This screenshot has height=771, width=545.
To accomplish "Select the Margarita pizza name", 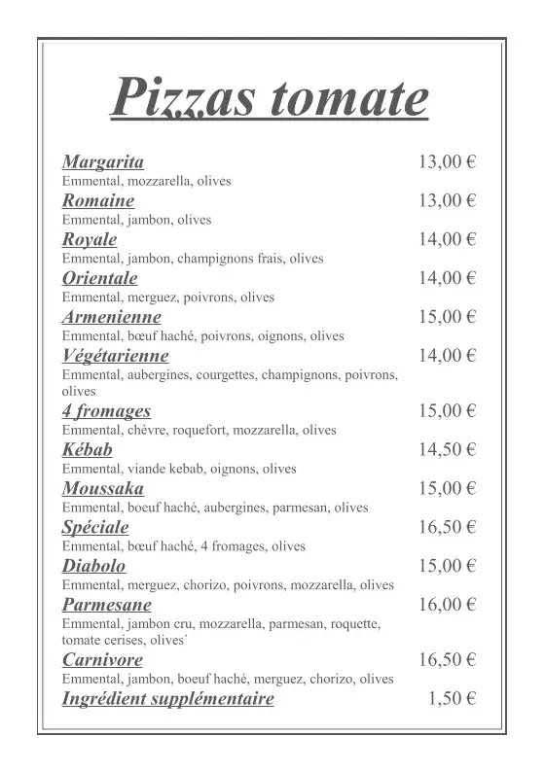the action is click(103, 161).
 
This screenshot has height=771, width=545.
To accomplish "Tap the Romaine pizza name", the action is click(98, 200).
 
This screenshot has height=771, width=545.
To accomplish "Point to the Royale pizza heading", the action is click(90, 239).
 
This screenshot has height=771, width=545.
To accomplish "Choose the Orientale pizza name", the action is click(99, 278).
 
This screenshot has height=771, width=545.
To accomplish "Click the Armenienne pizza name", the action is click(112, 317).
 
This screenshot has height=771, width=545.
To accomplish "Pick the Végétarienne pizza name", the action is click(116, 355).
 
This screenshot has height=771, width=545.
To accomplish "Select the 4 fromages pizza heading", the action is click(106, 411).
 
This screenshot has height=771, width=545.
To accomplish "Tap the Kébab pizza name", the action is click(88, 449).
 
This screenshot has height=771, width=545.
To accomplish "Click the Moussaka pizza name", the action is click(103, 488).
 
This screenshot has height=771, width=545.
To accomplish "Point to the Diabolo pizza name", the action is click(93, 566).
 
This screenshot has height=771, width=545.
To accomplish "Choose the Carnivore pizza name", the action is click(102, 660).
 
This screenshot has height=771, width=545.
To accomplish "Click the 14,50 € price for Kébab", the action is click(447, 449).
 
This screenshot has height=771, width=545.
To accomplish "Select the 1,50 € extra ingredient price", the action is click(452, 698).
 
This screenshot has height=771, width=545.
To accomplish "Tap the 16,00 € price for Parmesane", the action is click(447, 605).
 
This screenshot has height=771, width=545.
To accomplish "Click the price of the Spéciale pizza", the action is click(447, 527).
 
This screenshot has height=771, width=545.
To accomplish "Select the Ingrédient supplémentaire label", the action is click(168, 698).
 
